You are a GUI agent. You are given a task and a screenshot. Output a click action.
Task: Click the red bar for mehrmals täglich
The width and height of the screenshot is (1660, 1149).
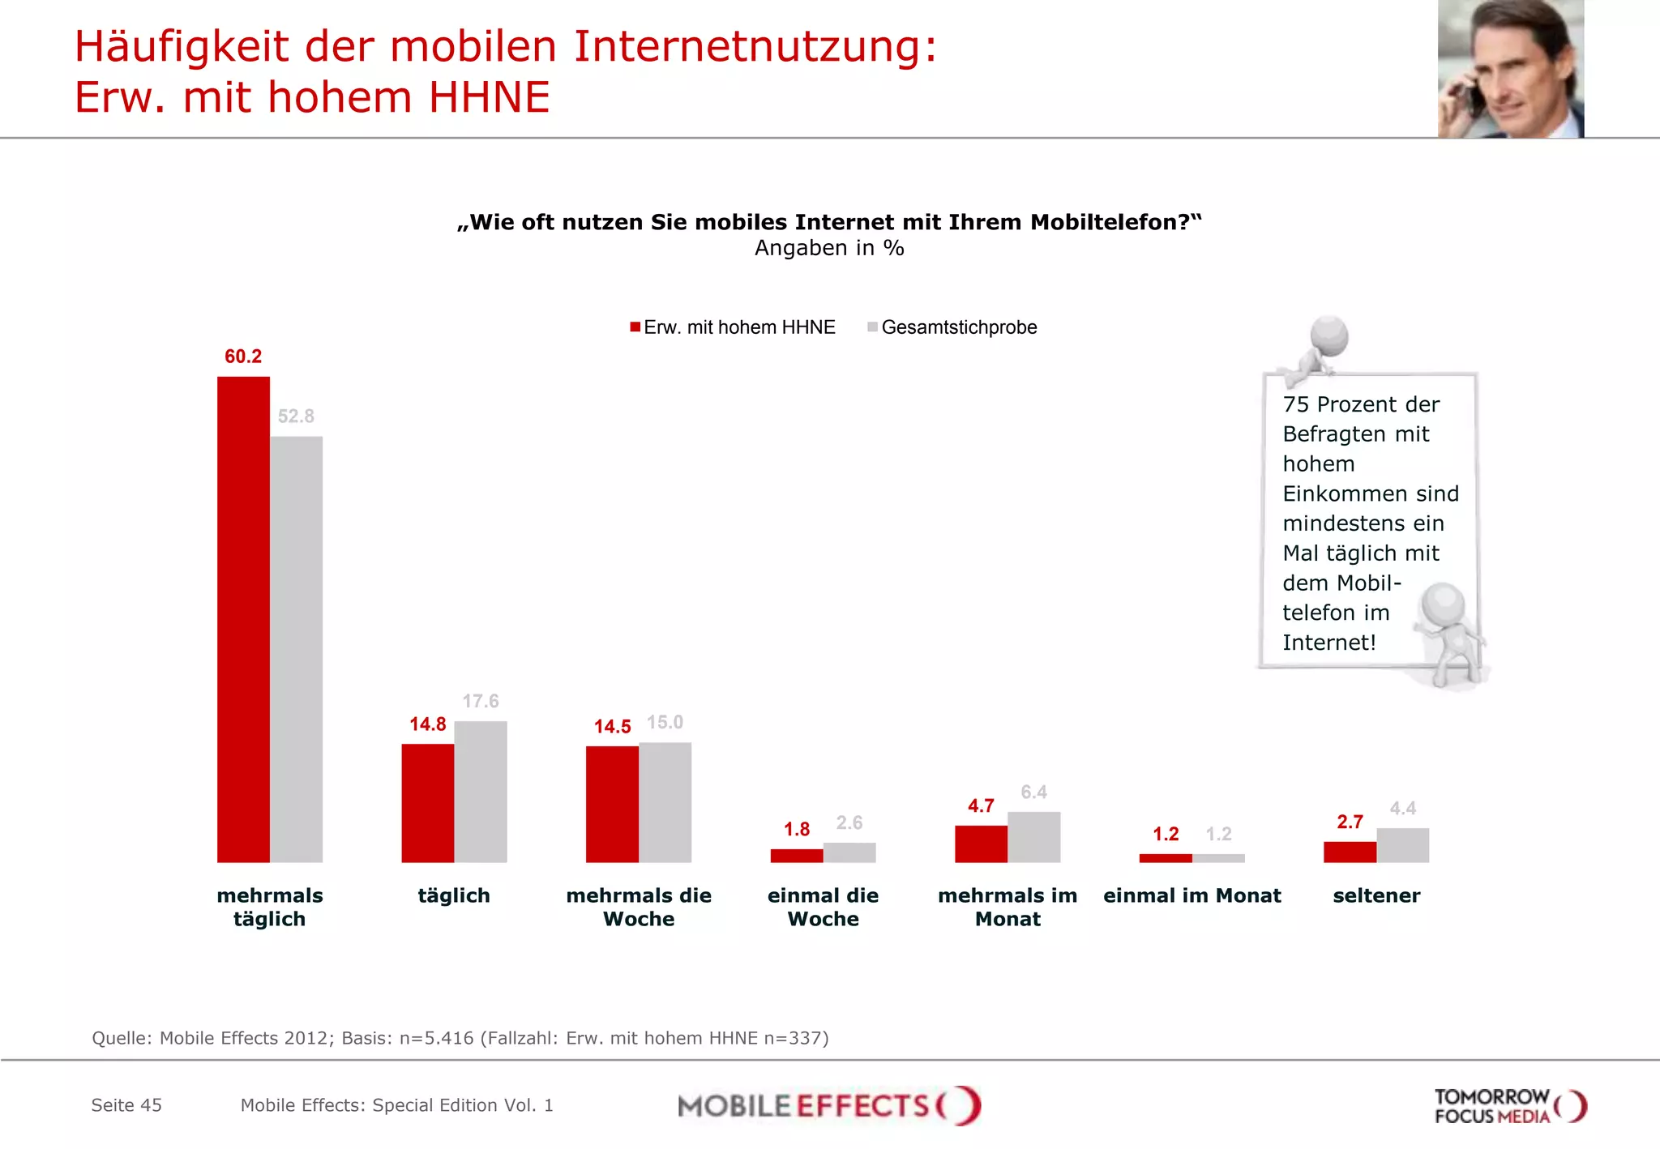(x=243, y=619)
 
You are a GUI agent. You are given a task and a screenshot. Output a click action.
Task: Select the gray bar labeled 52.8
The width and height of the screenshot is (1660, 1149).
(x=296, y=648)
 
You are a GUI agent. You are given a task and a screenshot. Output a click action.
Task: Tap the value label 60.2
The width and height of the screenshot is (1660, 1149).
(x=243, y=357)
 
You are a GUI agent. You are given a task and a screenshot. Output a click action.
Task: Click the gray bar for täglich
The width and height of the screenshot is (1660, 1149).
(x=481, y=791)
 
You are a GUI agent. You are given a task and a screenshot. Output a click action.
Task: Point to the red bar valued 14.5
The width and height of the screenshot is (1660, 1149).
(x=612, y=804)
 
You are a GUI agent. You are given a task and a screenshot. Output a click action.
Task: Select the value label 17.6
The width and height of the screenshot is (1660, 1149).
(x=481, y=701)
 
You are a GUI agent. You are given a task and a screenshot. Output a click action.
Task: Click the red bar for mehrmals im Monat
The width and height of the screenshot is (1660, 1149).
(x=981, y=844)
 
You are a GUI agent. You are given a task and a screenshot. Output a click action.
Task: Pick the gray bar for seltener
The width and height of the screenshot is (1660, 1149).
(x=1402, y=845)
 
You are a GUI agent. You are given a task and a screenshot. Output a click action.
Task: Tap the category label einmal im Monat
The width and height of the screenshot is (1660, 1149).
(x=1192, y=895)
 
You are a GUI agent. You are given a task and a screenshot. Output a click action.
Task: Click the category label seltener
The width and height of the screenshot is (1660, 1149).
(x=1376, y=895)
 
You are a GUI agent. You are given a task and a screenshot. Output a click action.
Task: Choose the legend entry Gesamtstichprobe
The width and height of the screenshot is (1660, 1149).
(x=958, y=327)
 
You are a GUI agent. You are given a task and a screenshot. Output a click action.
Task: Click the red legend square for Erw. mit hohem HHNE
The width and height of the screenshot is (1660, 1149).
(x=635, y=327)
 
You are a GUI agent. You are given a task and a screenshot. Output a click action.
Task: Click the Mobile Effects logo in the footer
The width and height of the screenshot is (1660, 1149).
(x=828, y=1105)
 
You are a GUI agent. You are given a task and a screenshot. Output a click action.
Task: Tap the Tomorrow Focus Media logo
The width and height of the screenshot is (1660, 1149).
(x=1509, y=1106)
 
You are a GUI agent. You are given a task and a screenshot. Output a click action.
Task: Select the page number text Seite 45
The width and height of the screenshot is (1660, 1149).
(x=126, y=1105)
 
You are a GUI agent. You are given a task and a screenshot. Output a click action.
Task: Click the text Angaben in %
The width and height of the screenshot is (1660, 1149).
(x=828, y=248)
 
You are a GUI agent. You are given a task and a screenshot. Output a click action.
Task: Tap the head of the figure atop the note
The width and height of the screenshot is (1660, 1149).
(x=1329, y=335)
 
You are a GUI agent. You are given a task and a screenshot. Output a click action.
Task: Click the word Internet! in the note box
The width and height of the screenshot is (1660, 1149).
(x=1328, y=643)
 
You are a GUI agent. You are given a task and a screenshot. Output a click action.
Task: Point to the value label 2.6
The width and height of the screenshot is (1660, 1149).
(x=849, y=822)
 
